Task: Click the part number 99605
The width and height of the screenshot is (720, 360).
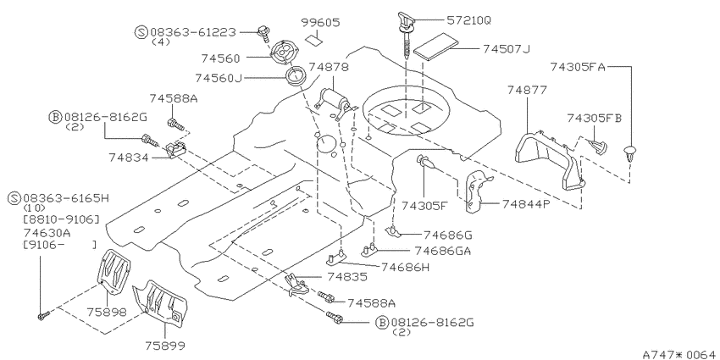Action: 321,22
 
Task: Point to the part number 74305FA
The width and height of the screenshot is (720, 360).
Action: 578,68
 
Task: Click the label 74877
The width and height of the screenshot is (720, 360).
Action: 527,90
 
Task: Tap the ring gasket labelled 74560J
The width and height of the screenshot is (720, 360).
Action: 296,75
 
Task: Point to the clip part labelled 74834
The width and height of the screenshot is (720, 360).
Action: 176,149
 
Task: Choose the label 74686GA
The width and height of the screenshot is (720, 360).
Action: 443,251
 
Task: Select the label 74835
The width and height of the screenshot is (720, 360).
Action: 347,276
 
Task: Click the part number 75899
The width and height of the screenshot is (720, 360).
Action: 166,345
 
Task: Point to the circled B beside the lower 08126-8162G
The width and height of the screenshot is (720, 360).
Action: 383,323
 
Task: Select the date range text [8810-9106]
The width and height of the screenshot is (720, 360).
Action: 61,219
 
